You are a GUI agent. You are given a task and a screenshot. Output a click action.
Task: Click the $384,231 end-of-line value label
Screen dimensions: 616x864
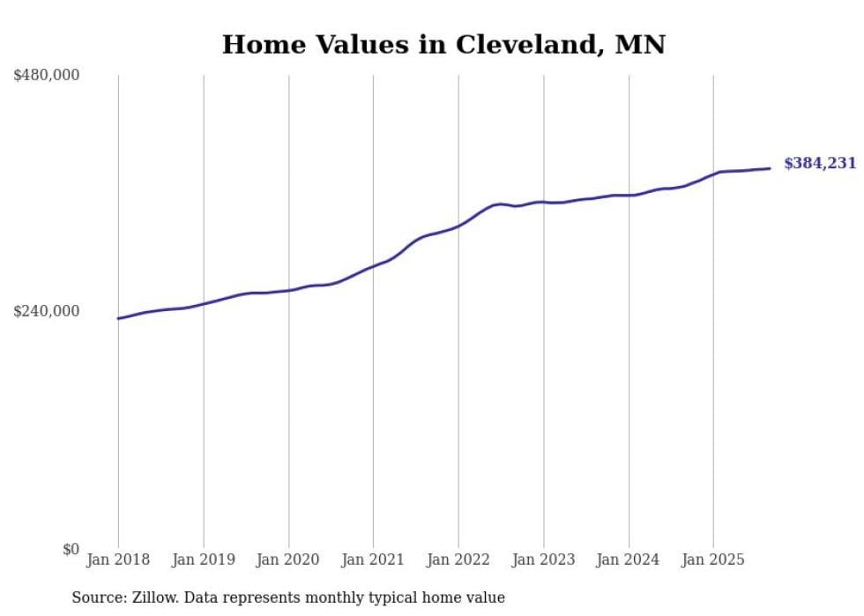(x=819, y=163)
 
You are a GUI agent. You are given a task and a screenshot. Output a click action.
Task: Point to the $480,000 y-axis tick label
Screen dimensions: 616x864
(x=47, y=76)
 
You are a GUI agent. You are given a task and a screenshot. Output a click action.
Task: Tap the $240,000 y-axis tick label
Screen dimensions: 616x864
(x=47, y=311)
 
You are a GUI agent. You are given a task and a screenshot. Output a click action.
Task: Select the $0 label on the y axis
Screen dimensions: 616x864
(x=71, y=549)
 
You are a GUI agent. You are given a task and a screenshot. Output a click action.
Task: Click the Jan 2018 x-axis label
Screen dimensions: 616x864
(x=118, y=560)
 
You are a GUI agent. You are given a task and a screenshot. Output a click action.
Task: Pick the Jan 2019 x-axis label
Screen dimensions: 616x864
(x=204, y=560)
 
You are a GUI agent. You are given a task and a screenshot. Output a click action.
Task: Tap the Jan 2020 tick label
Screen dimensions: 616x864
(x=288, y=560)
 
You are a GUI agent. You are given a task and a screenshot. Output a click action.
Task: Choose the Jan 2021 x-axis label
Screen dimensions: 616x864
(x=373, y=560)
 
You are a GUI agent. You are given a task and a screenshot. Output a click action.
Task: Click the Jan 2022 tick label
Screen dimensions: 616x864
(x=458, y=560)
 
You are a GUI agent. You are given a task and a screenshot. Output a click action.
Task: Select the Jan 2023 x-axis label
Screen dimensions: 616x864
(x=543, y=560)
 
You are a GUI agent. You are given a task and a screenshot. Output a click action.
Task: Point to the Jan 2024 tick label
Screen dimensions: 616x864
(x=629, y=560)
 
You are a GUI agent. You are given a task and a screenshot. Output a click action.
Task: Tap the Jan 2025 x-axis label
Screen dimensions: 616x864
(x=713, y=560)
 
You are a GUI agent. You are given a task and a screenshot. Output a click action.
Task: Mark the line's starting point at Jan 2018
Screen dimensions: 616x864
(x=118, y=318)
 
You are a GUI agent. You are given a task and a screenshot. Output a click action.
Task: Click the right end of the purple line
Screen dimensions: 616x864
(x=770, y=168)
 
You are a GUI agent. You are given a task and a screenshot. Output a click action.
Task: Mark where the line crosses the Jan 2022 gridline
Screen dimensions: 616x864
(x=458, y=226)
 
